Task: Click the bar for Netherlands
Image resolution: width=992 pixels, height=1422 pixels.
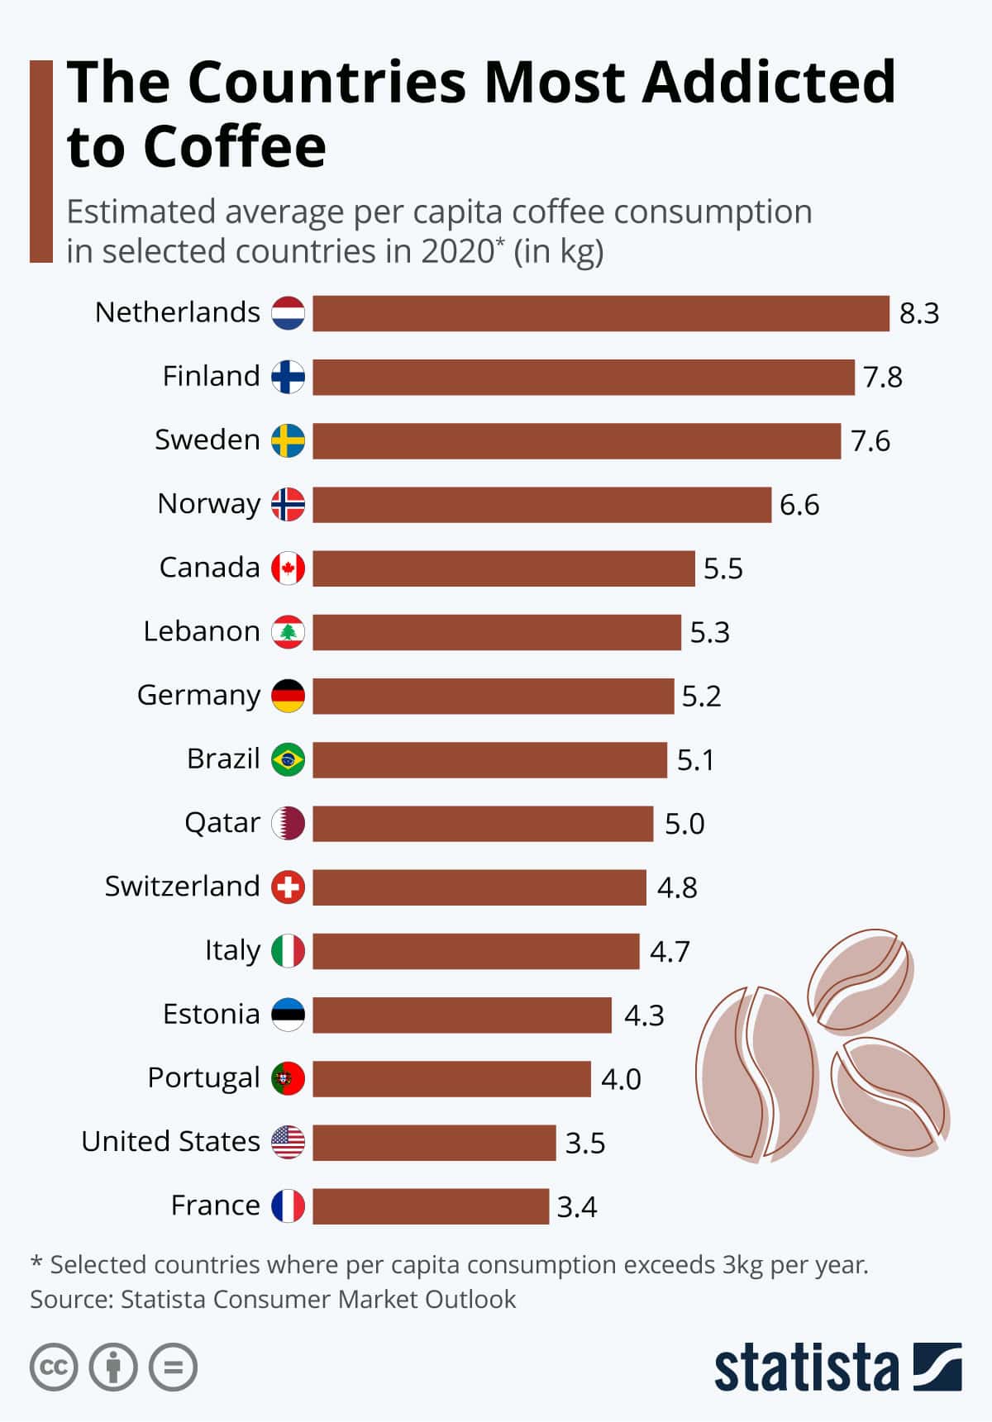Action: tap(601, 313)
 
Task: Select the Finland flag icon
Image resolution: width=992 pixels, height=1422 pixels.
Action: tap(289, 377)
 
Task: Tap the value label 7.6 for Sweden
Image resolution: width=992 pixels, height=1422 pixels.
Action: tap(870, 441)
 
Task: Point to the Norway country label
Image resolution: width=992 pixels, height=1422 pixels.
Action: tap(208, 503)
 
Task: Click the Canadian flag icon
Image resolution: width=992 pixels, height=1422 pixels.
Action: tap(289, 568)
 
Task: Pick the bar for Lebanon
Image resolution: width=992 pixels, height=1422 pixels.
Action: tap(497, 632)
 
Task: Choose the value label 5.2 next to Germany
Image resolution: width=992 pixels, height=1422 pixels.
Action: tap(701, 697)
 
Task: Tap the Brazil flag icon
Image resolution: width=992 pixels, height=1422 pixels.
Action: tap(289, 759)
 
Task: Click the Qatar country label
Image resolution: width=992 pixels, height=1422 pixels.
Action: tap(222, 823)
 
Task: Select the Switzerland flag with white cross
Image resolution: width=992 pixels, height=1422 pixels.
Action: tap(289, 887)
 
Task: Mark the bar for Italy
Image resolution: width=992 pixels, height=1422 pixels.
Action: tap(476, 951)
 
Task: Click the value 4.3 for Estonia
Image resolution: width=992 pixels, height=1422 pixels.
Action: tap(644, 1015)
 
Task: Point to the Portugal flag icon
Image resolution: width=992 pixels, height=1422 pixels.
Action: tap(289, 1078)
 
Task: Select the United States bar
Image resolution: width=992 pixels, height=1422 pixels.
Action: tap(434, 1143)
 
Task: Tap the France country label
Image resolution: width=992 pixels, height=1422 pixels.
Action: tap(215, 1206)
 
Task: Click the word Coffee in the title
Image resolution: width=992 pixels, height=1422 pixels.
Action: tap(235, 147)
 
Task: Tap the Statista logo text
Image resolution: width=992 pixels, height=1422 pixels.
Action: tap(806, 1369)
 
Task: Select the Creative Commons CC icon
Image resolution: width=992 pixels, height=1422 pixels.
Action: tap(54, 1367)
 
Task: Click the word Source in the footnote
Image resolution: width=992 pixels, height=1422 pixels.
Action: tap(70, 1300)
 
